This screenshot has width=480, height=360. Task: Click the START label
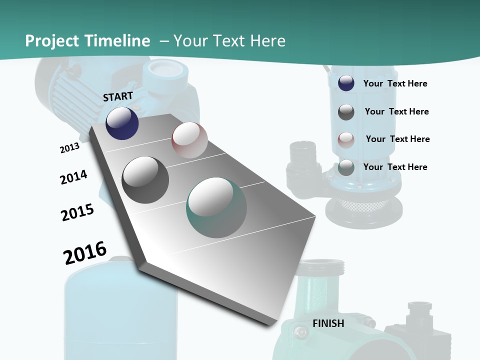[x=118, y=96]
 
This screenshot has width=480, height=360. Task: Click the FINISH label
[x=328, y=323]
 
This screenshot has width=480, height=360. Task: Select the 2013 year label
[x=69, y=148]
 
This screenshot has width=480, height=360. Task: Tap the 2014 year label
[x=73, y=177]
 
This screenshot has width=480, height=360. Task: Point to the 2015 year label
[x=77, y=212]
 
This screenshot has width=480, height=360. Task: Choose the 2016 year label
[x=85, y=252]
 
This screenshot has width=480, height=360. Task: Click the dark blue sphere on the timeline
[x=122, y=123]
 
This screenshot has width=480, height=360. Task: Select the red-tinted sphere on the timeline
[x=189, y=140]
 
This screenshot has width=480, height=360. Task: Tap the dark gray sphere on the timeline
[x=145, y=179]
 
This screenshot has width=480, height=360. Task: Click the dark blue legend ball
[x=346, y=83]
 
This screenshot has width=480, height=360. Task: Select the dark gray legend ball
[x=346, y=112]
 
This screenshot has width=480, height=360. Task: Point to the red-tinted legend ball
[x=346, y=139]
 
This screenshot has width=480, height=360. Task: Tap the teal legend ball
[x=346, y=167]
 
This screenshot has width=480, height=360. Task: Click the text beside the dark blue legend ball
[x=395, y=83]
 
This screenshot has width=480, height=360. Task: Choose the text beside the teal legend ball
[x=395, y=167]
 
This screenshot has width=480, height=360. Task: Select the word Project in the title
[x=49, y=41]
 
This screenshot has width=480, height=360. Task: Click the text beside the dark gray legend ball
[x=396, y=111]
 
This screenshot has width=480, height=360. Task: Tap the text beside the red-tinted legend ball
[x=397, y=139]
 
